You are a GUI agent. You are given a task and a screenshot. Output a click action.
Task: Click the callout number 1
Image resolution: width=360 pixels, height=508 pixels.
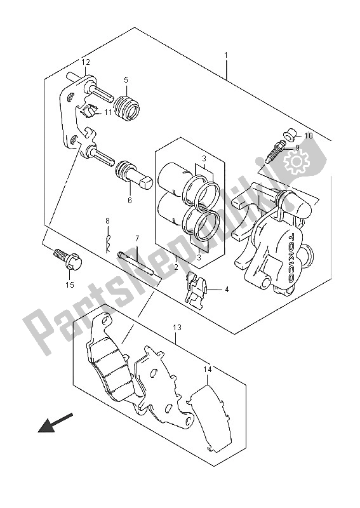226,55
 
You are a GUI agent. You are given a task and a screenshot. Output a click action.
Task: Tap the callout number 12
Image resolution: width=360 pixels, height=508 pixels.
86,62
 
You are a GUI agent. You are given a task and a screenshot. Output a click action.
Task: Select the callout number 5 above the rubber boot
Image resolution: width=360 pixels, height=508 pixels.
126,80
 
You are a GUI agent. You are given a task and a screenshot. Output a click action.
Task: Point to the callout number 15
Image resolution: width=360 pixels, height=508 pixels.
70,284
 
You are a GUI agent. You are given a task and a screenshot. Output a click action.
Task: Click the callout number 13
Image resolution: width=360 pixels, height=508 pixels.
177,328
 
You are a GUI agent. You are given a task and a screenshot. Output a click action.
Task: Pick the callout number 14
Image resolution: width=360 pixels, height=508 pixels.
208,369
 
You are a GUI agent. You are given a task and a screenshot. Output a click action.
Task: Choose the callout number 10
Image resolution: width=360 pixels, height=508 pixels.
309,135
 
